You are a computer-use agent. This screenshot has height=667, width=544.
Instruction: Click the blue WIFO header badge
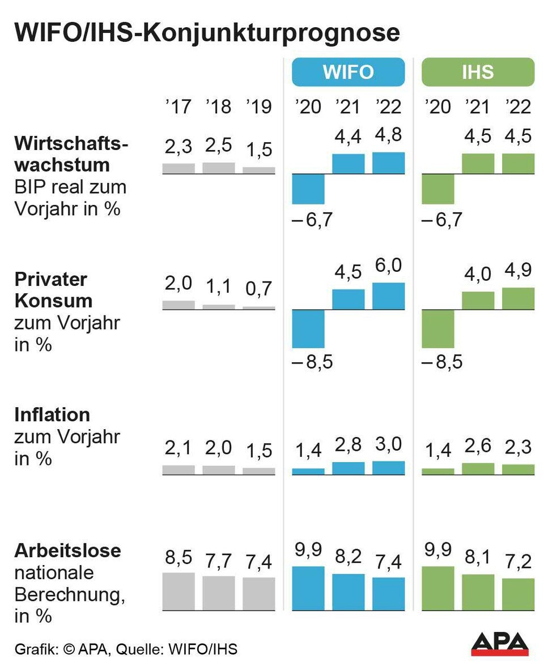(x=348, y=72)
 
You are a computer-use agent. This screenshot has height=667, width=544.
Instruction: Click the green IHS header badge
(x=478, y=72)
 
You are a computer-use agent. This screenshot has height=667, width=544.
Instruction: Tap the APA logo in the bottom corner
(x=500, y=644)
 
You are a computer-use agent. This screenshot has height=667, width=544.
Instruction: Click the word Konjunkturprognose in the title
(x=270, y=33)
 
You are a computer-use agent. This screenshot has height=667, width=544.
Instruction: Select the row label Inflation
(x=52, y=414)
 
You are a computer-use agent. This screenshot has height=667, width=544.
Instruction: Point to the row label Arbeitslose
(x=67, y=550)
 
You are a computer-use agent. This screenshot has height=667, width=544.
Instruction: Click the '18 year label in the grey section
(x=219, y=106)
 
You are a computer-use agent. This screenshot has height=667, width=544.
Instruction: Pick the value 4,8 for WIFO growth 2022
(x=389, y=136)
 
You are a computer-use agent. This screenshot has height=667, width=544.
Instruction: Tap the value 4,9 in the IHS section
(x=518, y=271)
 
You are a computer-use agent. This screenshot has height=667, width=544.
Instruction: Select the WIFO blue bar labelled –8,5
(x=308, y=329)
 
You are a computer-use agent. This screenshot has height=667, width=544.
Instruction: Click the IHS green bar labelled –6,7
(x=438, y=189)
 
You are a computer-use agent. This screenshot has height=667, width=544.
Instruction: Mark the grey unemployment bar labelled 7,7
(x=219, y=593)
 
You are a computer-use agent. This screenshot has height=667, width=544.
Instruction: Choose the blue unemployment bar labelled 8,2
(x=348, y=592)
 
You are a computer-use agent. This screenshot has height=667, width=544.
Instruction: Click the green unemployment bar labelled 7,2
(x=518, y=595)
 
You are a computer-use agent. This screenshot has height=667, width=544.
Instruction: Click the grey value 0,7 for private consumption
(x=259, y=289)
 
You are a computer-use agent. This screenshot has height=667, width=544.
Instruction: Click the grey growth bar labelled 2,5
(x=219, y=168)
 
